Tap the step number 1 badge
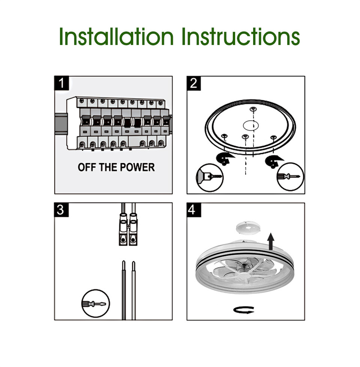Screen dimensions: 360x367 pyautogui.click(x=62, y=83)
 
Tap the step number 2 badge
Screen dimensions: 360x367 pyautogui.click(x=194, y=83)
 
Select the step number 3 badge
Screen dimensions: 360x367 pyautogui.click(x=61, y=210)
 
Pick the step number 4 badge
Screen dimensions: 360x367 pyautogui.click(x=194, y=210)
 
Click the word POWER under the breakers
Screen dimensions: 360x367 pyautogui.click(x=137, y=167)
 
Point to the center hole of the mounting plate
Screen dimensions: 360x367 pyautogui.click(x=251, y=125)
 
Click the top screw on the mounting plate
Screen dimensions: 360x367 pyautogui.click(x=253, y=109)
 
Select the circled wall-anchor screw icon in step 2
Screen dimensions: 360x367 pyautogui.click(x=210, y=178)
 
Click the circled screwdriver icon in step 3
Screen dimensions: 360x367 pyautogui.click(x=95, y=304)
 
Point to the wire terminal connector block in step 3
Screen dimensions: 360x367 pyautogui.click(x=128, y=229)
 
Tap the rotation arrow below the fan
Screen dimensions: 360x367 pyautogui.click(x=244, y=310)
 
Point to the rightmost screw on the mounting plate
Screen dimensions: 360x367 pyautogui.click(x=273, y=137)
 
